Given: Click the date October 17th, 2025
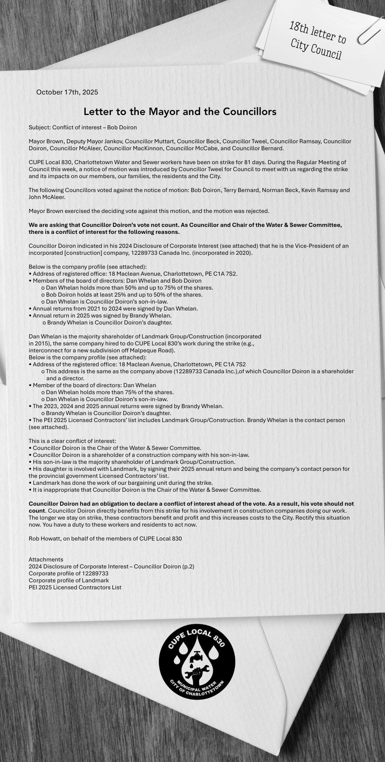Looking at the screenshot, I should (67, 92).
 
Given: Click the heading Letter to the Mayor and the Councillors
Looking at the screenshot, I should (180, 112).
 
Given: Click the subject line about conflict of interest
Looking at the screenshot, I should (83, 127).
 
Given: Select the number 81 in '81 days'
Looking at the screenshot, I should (249, 162).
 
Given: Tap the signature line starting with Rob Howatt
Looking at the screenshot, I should (105, 539).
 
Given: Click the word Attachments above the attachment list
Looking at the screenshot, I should (46, 559).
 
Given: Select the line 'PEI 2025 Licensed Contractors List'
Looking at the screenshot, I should (75, 587).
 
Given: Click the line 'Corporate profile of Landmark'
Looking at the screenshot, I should (69, 580).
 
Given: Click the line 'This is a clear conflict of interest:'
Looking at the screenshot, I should (72, 441).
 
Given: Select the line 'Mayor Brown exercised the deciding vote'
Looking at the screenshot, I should (148, 211).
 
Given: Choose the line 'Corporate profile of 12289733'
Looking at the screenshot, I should (69, 573).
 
